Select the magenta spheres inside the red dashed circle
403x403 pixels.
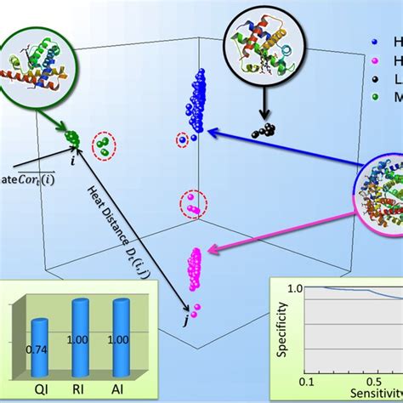click(x=192, y=205)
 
